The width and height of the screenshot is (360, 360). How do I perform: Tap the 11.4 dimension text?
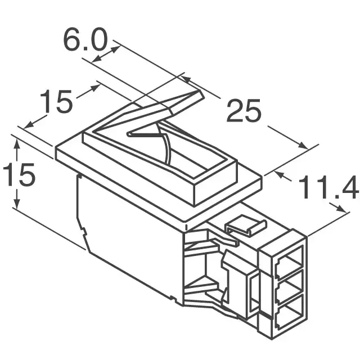(x=327, y=188)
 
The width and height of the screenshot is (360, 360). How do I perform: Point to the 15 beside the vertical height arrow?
(x=19, y=175)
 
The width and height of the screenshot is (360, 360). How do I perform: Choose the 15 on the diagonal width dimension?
(x=56, y=102)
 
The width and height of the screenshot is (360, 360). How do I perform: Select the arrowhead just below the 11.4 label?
(x=341, y=209)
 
